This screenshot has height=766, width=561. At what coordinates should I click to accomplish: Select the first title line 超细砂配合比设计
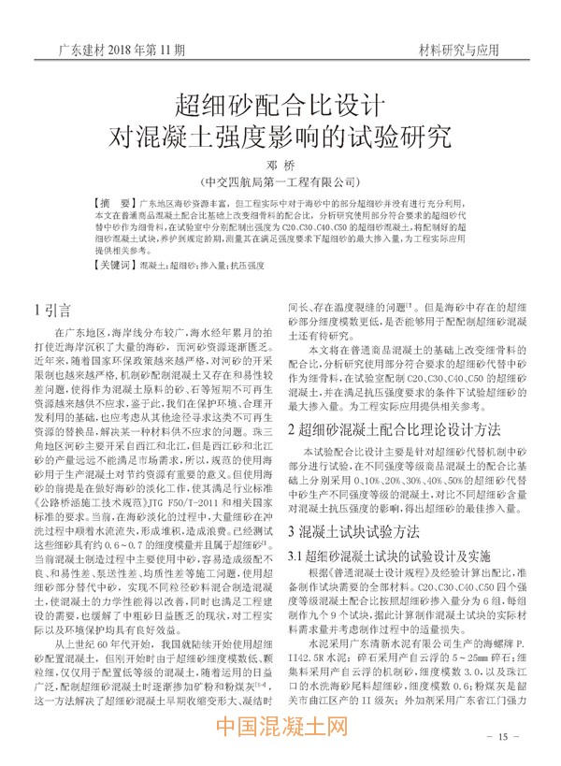tap(280, 100)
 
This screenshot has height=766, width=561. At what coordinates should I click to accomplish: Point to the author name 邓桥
tap(280, 165)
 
